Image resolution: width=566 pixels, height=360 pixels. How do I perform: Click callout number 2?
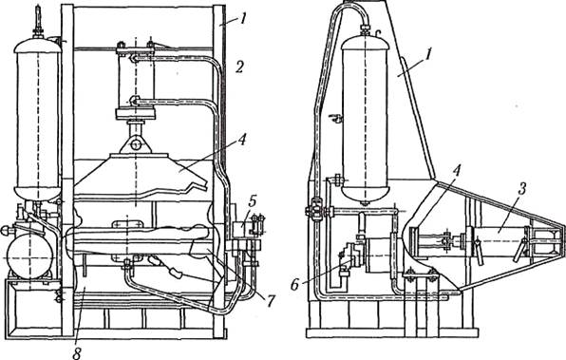240,66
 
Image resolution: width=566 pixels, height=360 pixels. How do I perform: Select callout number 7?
270,299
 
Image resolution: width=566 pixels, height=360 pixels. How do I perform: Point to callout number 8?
77,353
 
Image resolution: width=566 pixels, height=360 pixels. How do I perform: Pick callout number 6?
294,285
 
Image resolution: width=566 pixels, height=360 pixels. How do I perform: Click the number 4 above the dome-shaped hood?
242,140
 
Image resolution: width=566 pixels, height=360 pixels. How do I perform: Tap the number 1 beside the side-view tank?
427,55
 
